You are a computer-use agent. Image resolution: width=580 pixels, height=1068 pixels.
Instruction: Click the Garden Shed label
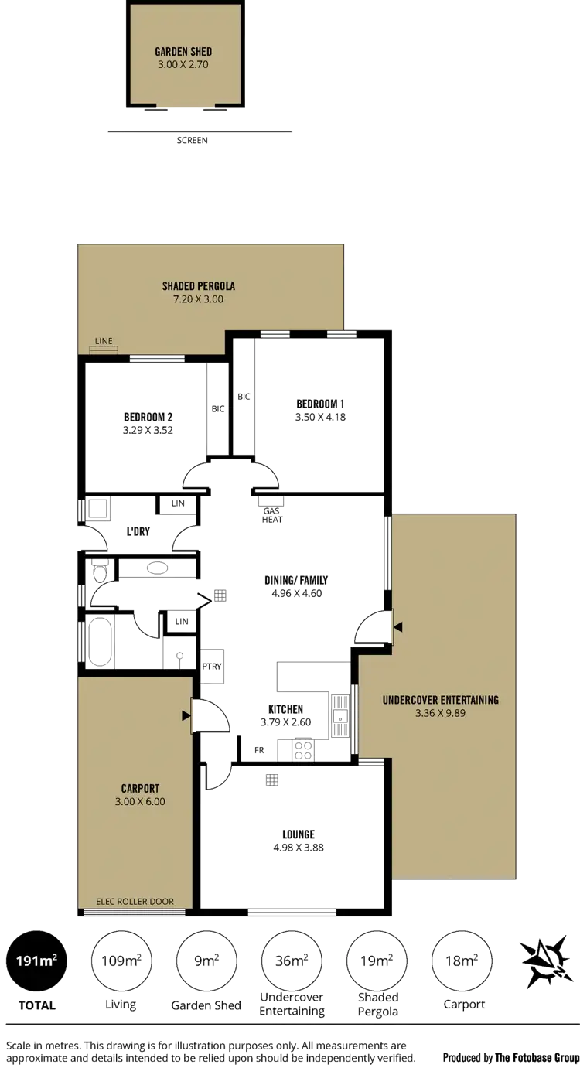183,52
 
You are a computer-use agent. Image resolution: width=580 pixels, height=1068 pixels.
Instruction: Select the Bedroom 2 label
148,417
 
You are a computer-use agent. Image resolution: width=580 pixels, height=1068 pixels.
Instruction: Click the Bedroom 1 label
320,404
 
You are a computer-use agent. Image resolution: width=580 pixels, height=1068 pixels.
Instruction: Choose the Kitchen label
285,709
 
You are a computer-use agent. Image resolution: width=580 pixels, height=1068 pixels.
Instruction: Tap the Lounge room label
299,834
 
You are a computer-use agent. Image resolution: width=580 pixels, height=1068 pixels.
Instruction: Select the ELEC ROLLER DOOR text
135,902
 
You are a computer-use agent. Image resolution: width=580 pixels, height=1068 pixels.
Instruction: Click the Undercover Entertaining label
440,700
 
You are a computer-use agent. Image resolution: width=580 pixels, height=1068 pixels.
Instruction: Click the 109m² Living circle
121,961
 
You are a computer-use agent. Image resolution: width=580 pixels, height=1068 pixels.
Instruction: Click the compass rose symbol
546,961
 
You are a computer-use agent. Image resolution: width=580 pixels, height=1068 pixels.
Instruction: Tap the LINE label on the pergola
104,341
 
